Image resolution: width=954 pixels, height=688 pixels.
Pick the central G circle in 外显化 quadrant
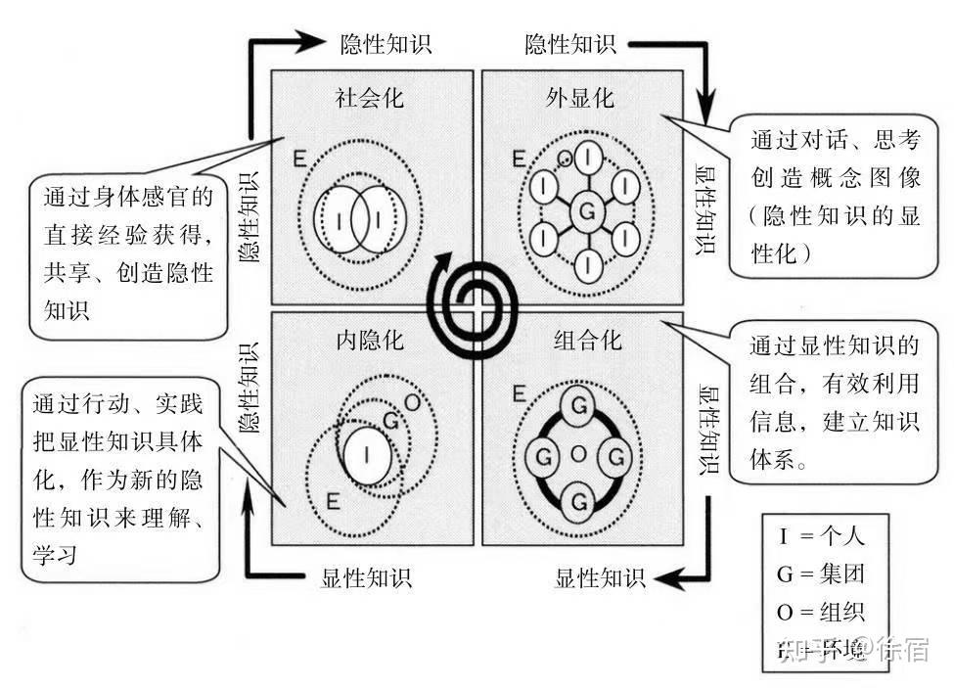[x=587, y=210]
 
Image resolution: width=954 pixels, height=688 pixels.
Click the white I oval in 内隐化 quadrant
[x=366, y=453]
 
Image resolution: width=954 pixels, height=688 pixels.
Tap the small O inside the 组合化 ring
[x=577, y=454]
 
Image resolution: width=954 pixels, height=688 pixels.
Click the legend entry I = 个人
[x=821, y=536]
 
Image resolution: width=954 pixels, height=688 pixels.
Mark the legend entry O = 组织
[x=821, y=613]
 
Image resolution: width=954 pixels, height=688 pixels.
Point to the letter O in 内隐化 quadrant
[x=411, y=402]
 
